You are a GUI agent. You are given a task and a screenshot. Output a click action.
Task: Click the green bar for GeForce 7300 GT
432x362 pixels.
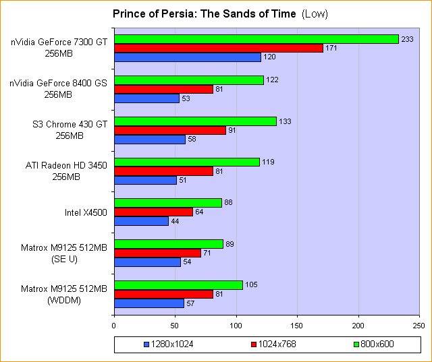pyautogui.click(x=256, y=39)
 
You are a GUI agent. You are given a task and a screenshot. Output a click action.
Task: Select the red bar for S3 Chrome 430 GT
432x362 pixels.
pyautogui.click(x=170, y=130)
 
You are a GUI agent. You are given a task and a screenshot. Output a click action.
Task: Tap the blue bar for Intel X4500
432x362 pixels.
pyautogui.click(x=141, y=221)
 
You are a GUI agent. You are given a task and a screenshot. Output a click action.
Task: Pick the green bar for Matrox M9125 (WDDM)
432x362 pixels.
pyautogui.click(x=178, y=285)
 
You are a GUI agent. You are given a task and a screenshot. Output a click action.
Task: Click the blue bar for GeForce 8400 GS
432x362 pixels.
pyautogui.click(x=146, y=98)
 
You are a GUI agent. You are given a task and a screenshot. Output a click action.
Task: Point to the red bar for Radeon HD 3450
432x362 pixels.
pyautogui.click(x=164, y=171)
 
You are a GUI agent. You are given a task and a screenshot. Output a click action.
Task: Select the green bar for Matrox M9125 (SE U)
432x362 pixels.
pyautogui.click(x=169, y=244)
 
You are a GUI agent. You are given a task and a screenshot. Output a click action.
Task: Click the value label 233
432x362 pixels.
pyautogui.click(x=408, y=39)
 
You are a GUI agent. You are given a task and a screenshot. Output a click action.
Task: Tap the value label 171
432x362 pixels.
pyautogui.click(x=332, y=49)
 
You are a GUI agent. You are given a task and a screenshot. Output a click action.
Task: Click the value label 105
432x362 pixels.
pyautogui.click(x=252, y=285)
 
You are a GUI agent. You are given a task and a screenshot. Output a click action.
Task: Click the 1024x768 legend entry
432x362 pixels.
pyautogui.click(x=271, y=344)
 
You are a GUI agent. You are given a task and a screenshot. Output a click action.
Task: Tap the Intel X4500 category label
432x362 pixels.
pyautogui.click(x=86, y=213)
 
